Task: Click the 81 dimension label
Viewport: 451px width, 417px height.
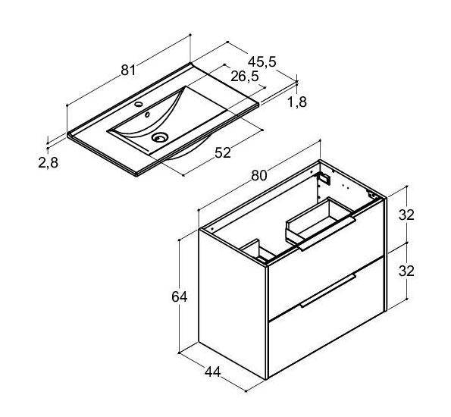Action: (x=128, y=70)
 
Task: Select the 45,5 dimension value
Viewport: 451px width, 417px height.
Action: (x=262, y=61)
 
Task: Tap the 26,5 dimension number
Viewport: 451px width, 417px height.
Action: (x=245, y=77)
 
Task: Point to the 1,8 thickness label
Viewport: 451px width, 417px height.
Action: (x=297, y=102)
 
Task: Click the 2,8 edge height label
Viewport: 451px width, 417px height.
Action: (x=48, y=162)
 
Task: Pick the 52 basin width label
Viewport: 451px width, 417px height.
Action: (x=223, y=153)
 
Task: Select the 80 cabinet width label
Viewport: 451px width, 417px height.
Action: (x=259, y=176)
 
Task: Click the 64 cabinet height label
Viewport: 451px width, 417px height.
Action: (x=179, y=296)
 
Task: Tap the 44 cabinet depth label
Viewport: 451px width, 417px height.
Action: (x=212, y=372)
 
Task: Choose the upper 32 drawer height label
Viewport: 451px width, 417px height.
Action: (x=406, y=215)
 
